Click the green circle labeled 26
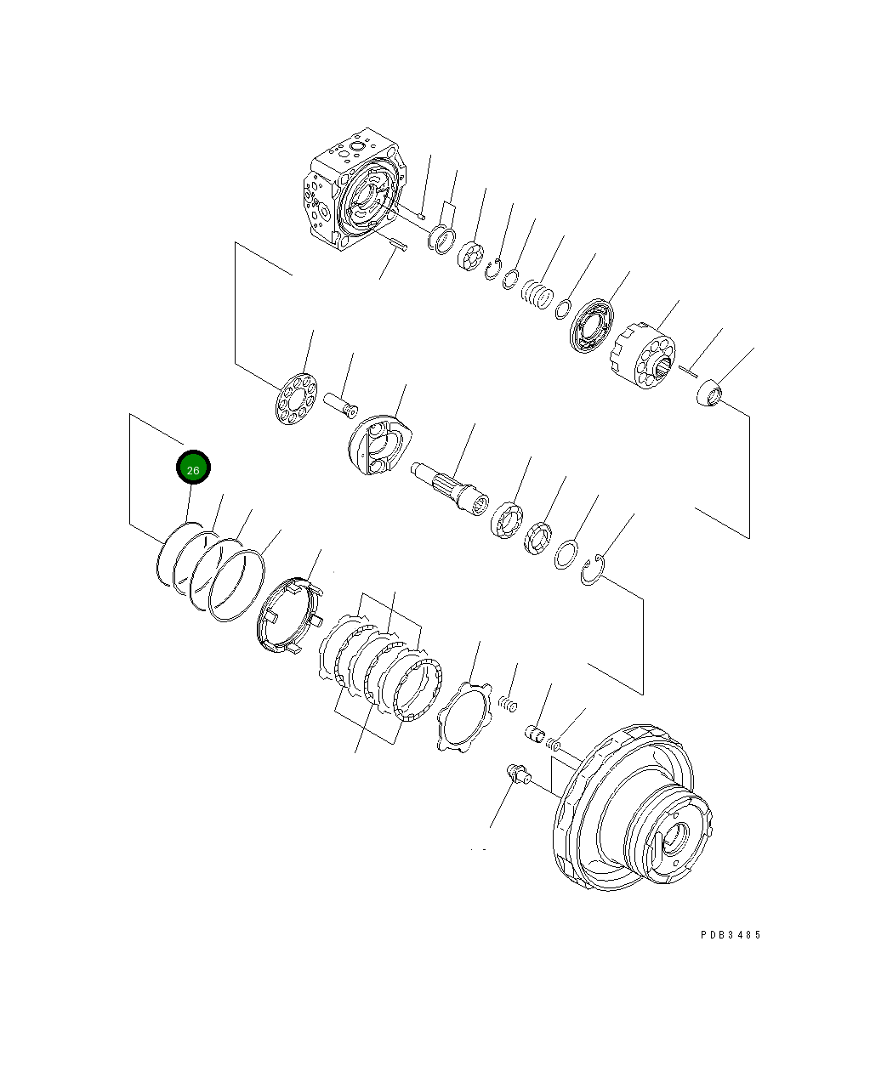tap(193, 468)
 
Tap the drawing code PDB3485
tap(731, 934)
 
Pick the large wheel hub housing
tap(634, 816)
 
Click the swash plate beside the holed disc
tap(382, 443)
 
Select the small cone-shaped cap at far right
tap(708, 395)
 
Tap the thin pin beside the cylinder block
tap(688, 368)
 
